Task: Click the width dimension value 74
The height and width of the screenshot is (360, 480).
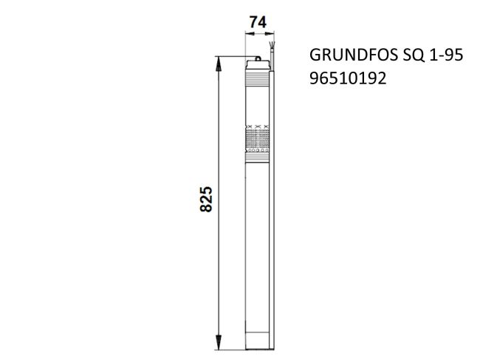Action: [x=258, y=22]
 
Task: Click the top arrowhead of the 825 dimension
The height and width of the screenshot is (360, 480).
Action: [x=219, y=64]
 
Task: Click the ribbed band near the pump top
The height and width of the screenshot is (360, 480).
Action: [x=258, y=75]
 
